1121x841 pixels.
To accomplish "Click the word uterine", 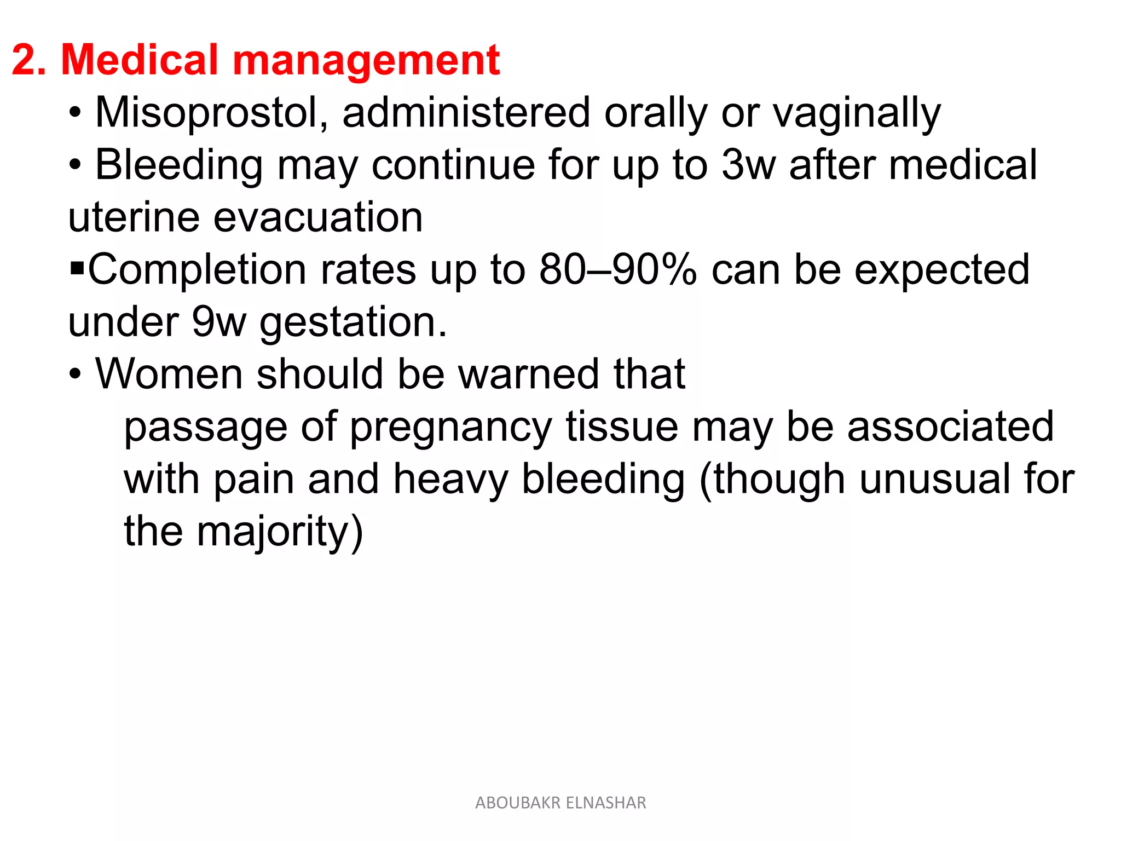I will click(134, 217).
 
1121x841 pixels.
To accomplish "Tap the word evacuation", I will click(318, 217).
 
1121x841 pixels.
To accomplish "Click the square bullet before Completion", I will click(77, 269).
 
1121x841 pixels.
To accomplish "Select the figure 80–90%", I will click(618, 269).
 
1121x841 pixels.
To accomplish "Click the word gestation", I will click(353, 322).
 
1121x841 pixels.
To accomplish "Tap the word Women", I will click(169, 374).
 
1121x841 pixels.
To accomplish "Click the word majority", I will click(279, 532).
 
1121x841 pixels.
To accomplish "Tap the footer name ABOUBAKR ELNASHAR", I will click(560, 803).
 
